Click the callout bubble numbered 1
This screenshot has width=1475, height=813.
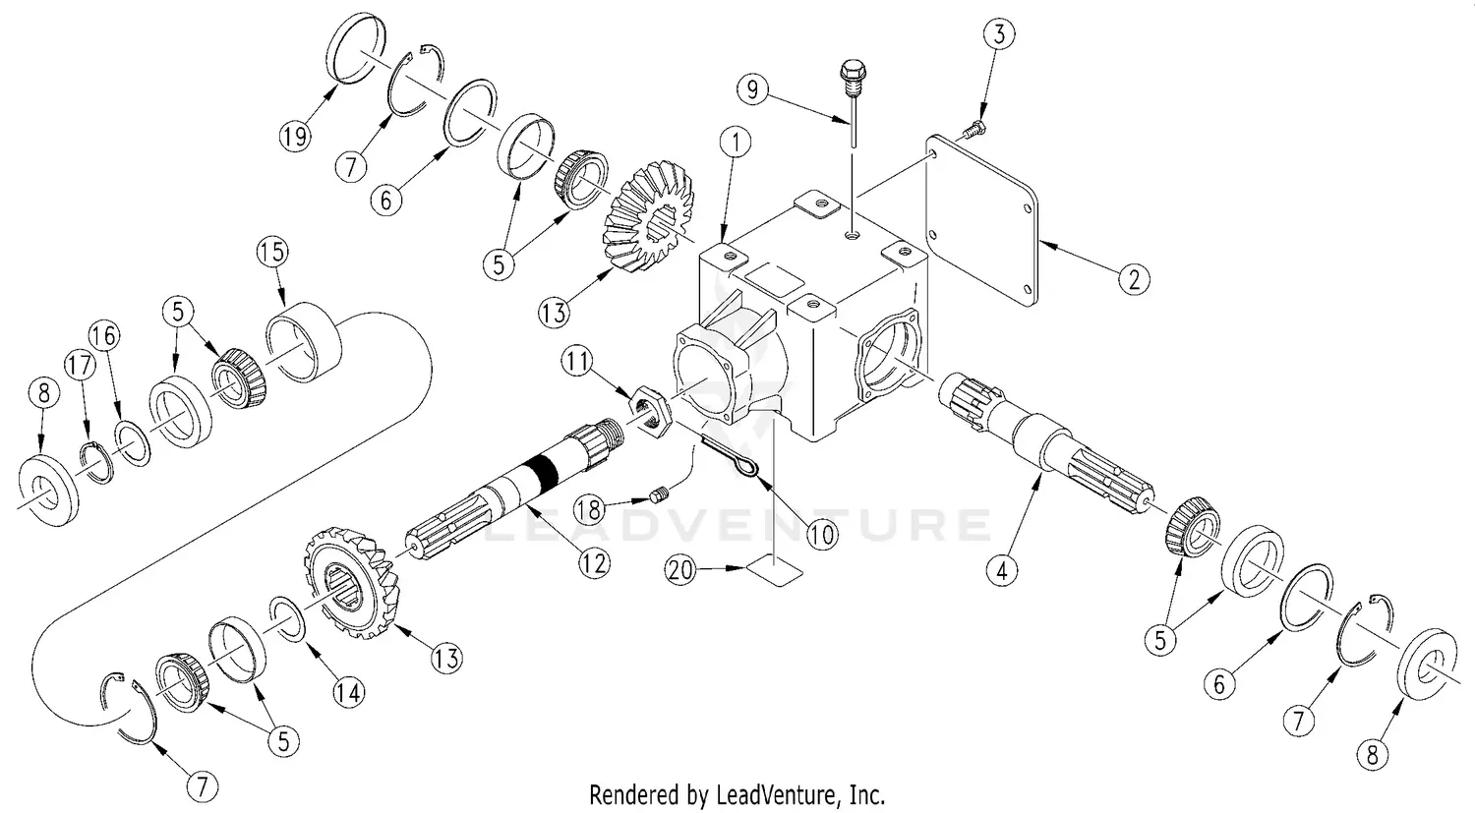(738, 143)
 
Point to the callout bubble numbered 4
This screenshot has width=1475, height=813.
(1001, 571)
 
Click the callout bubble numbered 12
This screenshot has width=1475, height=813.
(594, 562)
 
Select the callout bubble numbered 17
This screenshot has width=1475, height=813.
(80, 365)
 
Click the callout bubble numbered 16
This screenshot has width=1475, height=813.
(105, 335)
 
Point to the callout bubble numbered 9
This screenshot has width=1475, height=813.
(752, 92)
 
